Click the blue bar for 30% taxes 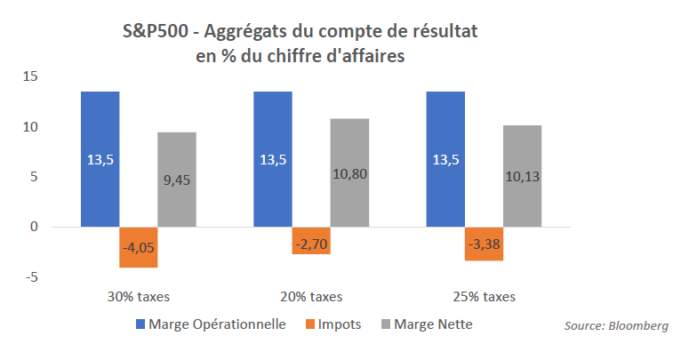pyautogui.click(x=100, y=159)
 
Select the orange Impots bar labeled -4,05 pyautogui.click(x=139, y=247)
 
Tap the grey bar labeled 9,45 pyautogui.click(x=177, y=180)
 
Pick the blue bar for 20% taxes pyautogui.click(x=272, y=159)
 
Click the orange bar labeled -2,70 pyautogui.click(x=311, y=241)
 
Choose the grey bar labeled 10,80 pyautogui.click(x=349, y=172)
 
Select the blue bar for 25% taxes pyautogui.click(x=445, y=159)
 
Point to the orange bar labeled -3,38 pyautogui.click(x=484, y=244)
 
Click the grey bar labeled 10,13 pyautogui.click(x=522, y=176)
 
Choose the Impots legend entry pyautogui.click(x=333, y=324)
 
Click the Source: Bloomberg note pyautogui.click(x=615, y=326)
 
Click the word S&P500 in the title pyautogui.click(x=158, y=33)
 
